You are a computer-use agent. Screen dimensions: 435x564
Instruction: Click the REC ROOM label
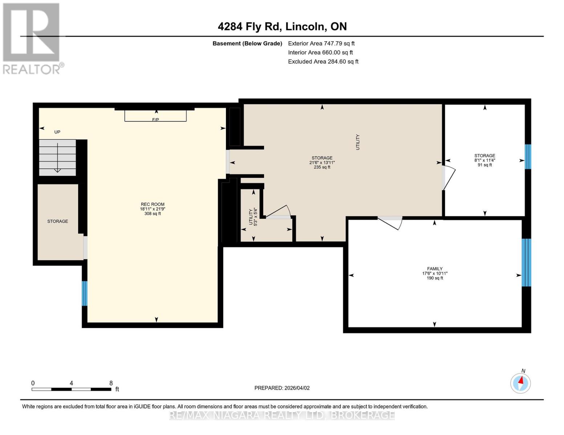tap(153, 204)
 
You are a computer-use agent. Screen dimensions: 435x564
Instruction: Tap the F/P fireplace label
tap(155, 120)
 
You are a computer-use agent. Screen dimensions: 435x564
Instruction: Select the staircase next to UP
tap(57, 158)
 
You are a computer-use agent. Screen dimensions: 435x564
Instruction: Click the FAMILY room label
tap(434, 269)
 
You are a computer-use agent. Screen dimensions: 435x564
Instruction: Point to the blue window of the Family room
tap(526, 262)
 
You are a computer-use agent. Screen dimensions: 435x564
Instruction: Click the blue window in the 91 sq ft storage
tap(528, 157)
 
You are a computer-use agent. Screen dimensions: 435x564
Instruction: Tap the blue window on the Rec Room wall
tap(85, 293)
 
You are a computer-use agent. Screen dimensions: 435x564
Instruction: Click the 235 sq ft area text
tap(322, 167)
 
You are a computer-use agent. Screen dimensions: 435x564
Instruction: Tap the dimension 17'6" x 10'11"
tap(434, 274)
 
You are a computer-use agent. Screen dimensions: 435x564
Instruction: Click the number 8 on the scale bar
tap(111, 383)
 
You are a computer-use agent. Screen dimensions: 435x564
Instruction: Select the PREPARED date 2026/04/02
tap(282, 388)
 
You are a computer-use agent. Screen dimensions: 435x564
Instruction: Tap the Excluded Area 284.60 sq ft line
tap(323, 62)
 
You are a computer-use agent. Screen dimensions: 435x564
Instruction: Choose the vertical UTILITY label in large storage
tap(358, 142)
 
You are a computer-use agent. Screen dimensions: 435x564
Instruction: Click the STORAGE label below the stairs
tap(57, 221)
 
